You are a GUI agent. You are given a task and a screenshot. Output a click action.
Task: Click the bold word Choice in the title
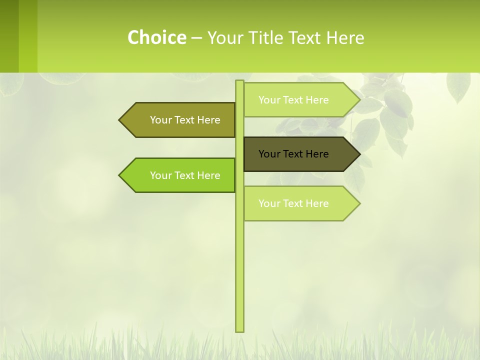(x=156, y=37)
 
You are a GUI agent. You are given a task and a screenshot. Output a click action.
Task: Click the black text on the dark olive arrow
(x=293, y=154)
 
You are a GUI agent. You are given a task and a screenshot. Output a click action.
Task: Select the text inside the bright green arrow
(x=185, y=175)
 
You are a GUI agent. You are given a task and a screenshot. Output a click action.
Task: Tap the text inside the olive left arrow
(x=185, y=120)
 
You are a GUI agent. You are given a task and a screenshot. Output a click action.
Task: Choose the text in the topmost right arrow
(x=293, y=100)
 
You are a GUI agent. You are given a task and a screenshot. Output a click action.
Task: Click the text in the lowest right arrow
(x=293, y=203)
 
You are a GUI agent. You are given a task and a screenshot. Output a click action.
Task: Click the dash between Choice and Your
(x=196, y=38)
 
